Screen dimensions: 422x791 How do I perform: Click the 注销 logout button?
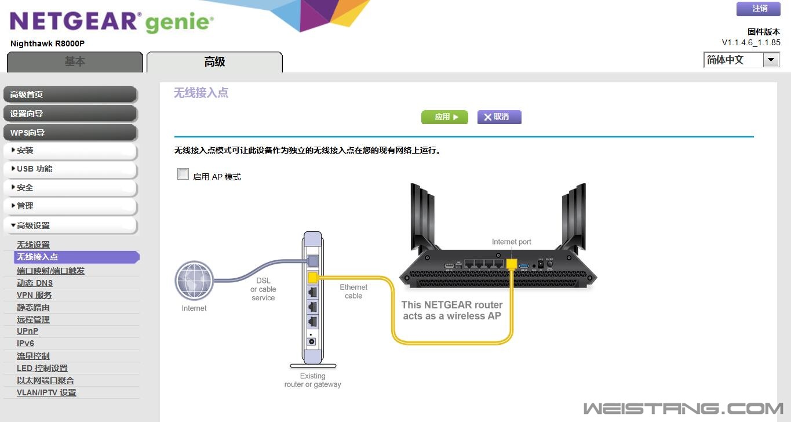pyautogui.click(x=758, y=9)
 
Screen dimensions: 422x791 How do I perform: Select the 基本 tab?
pyautogui.click(x=75, y=62)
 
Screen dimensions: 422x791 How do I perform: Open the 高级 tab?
pyautogui.click(x=214, y=62)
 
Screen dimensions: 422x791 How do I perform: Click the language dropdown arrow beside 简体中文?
pyautogui.click(x=771, y=60)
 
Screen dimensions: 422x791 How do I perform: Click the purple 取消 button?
pyautogui.click(x=499, y=117)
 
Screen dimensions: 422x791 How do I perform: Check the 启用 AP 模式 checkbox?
pyautogui.click(x=183, y=174)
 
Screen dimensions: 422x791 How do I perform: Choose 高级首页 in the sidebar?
pyautogui.click(x=70, y=94)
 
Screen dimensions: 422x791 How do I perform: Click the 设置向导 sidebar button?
pyautogui.click(x=70, y=114)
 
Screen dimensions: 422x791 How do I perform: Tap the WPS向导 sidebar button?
pyautogui.click(x=70, y=133)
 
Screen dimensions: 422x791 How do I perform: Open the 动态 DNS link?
pyautogui.click(x=35, y=283)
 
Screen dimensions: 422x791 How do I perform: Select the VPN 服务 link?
pyautogui.click(x=34, y=295)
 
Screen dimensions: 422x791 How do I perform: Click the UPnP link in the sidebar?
pyautogui.click(x=27, y=331)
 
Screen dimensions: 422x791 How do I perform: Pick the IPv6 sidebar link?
pyautogui.click(x=25, y=343)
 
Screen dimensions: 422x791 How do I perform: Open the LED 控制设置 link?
pyautogui.click(x=42, y=368)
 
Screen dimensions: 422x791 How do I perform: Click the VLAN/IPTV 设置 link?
pyautogui.click(x=46, y=392)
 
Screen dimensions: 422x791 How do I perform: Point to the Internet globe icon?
pyautogui.click(x=194, y=281)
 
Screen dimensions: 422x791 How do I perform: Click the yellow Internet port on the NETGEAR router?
pyautogui.click(x=511, y=264)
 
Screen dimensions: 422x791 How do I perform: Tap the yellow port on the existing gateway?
pyautogui.click(x=312, y=278)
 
